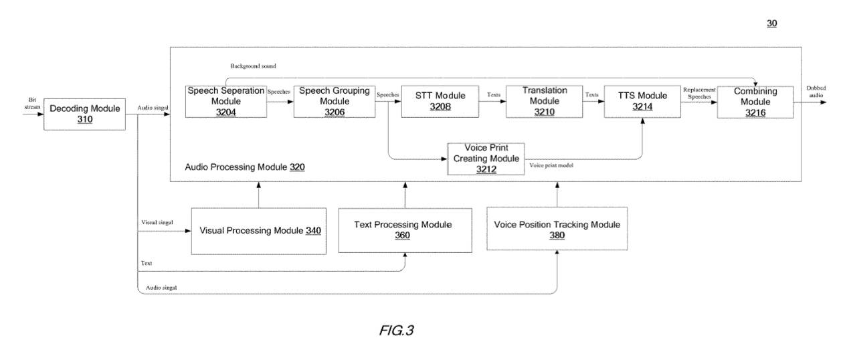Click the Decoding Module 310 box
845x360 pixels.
(x=84, y=114)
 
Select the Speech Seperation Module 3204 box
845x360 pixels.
(x=226, y=102)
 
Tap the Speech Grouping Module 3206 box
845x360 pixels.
(x=335, y=102)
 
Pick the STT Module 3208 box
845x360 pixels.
(x=440, y=102)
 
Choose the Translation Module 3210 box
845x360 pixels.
(x=545, y=102)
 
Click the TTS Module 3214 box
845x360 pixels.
(x=642, y=102)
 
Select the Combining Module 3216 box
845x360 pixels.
(x=755, y=102)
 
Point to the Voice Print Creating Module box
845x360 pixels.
(x=486, y=159)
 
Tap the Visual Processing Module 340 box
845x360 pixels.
(x=259, y=231)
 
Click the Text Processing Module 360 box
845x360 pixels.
(x=405, y=230)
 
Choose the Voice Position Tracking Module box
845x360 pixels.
(x=557, y=229)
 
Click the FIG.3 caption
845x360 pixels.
(x=397, y=331)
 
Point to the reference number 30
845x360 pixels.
(x=772, y=23)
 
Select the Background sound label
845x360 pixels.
(x=253, y=66)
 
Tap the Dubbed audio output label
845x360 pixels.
(x=816, y=92)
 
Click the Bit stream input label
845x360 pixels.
(x=32, y=104)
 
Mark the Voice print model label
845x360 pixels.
(x=551, y=165)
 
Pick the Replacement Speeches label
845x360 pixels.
(x=699, y=93)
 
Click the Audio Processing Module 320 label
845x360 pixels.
(x=245, y=167)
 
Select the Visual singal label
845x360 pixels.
(x=157, y=222)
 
